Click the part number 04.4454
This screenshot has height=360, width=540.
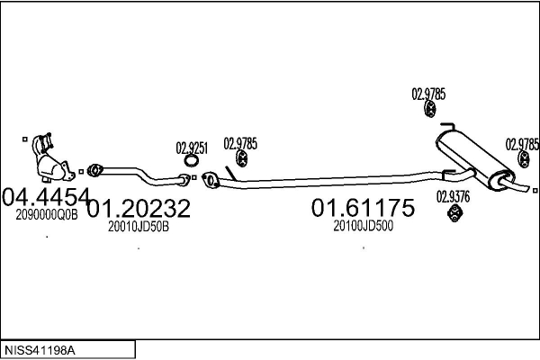coord(46,197)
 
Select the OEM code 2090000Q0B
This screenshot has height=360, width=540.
coord(48,214)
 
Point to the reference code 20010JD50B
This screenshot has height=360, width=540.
coord(139,226)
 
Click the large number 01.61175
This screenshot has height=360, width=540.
coord(363,209)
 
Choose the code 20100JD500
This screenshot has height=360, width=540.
coord(364,226)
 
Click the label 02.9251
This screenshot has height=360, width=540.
coord(192,148)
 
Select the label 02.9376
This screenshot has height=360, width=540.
coord(453,196)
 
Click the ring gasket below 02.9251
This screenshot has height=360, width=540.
coord(191,162)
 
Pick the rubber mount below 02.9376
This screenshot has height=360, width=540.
coord(455,212)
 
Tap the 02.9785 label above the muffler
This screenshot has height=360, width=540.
coord(428,93)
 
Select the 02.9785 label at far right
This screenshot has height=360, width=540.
coord(522,143)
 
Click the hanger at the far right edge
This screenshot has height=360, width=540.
coord(523,160)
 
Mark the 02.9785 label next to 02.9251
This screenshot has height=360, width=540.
coord(240,142)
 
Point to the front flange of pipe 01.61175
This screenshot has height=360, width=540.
coord(211,180)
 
